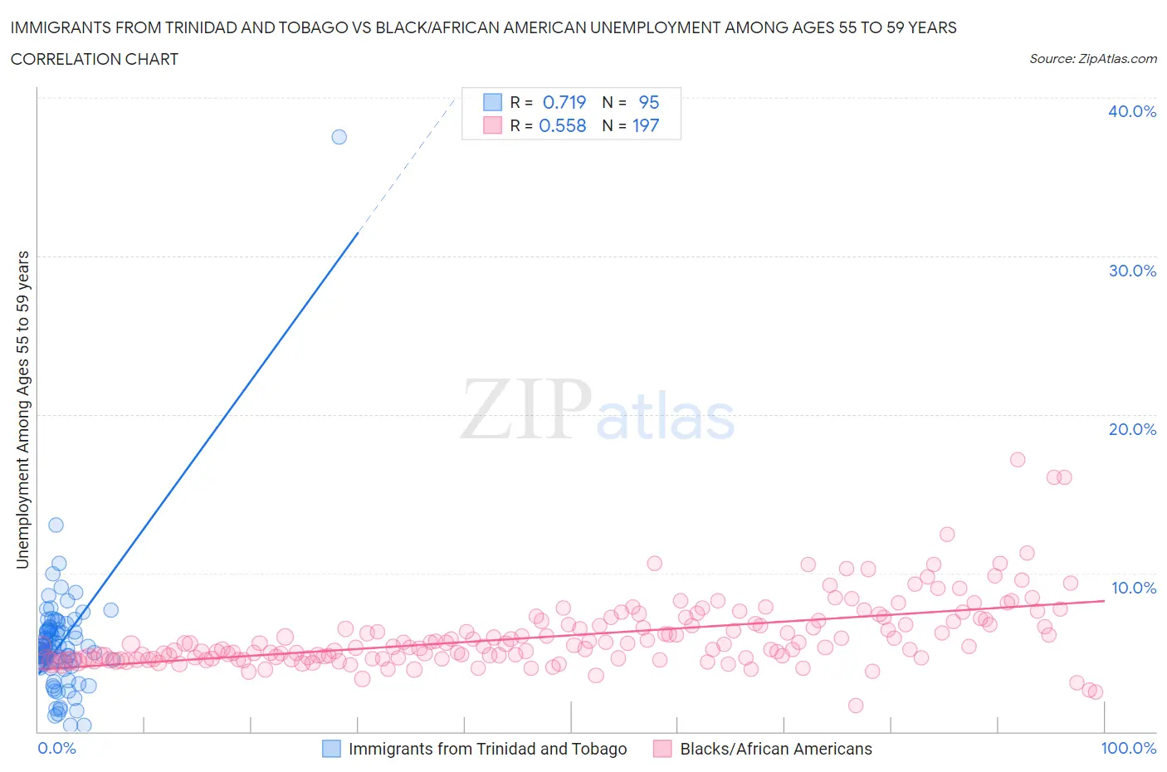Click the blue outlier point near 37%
[339, 137]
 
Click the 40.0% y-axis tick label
[1131, 111]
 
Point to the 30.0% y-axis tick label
[1131, 271]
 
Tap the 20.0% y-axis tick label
[1131, 429]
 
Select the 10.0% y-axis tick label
[1133, 588]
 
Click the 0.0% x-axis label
[57, 748]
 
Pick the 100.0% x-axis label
[1128, 748]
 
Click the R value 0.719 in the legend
[564, 102]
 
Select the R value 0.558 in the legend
[562, 125]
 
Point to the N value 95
[648, 102]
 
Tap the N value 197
[645, 125]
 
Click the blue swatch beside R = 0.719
[492, 102]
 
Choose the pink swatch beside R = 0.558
[492, 125]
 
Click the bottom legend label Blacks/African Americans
[775, 749]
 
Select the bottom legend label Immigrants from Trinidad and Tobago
[487, 749]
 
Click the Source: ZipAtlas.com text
[1092, 58]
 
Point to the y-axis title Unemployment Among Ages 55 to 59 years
[22, 409]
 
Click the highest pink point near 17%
[1017, 459]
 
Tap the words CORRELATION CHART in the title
[94, 59]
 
